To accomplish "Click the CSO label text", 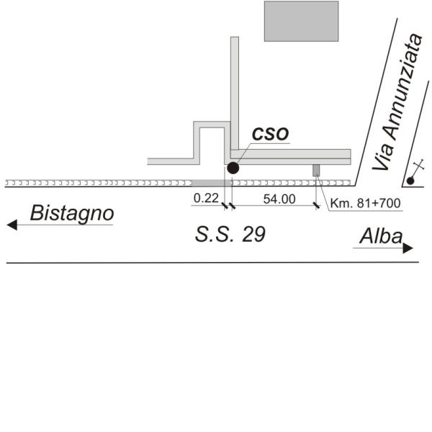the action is coord(270,133).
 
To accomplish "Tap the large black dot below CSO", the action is coord(233,168).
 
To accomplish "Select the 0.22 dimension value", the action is coord(206,198).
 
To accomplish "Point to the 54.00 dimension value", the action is coord(279,199).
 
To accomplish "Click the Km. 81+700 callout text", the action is coord(365,203).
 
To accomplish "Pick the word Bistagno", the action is coord(72,213).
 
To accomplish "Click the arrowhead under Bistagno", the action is coord(12,225).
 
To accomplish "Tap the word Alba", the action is coord(382,236).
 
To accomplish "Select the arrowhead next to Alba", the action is coord(408,248).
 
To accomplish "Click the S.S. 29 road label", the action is coord(230,235).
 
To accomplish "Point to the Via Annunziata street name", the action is coord(397,102).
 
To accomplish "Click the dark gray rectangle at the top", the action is coord(302,21).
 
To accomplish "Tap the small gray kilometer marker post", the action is coord(316,170).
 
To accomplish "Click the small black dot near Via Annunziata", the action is coord(410,181).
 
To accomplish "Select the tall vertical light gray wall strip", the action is coord(235,94).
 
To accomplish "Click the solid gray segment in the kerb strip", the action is coord(212,183).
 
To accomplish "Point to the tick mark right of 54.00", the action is coord(316,205).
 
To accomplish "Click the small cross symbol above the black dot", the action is coord(419,164).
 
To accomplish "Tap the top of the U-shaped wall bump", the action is coord(212,125).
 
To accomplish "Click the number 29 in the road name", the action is coord(254,235).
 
